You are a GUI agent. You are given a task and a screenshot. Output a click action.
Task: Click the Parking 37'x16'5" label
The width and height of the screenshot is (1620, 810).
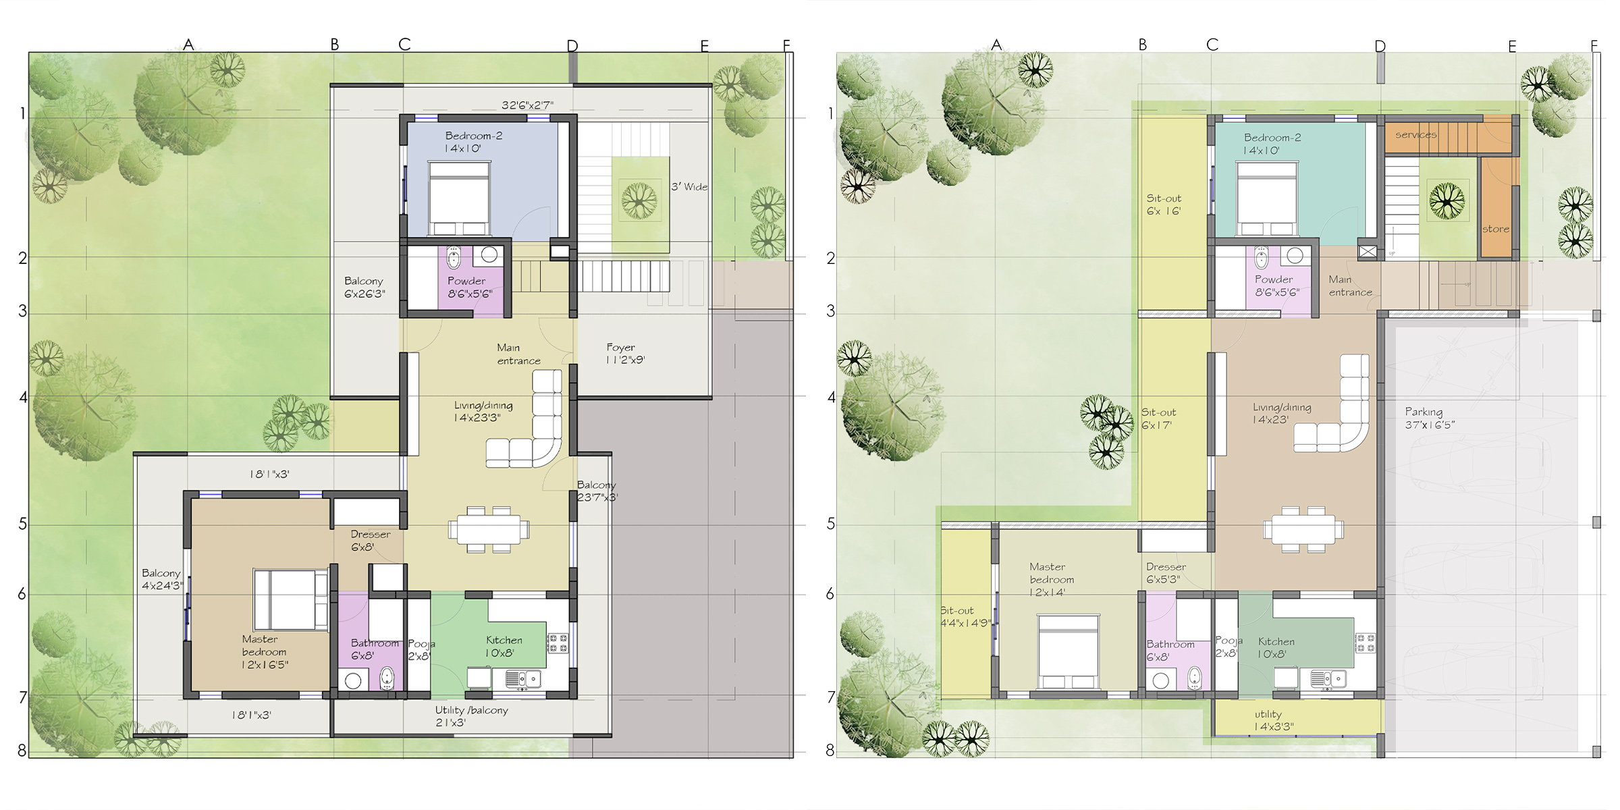1430,418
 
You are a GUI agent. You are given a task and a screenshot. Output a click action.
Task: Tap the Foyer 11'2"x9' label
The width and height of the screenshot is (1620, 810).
625,354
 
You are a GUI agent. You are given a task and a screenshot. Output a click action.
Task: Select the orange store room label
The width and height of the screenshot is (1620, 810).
1496,229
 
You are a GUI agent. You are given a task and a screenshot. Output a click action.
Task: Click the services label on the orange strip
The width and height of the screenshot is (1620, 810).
1416,134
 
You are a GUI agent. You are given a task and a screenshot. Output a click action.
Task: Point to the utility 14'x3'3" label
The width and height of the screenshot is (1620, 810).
1274,720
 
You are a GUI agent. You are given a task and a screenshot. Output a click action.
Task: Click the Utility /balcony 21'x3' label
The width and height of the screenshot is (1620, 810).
471,716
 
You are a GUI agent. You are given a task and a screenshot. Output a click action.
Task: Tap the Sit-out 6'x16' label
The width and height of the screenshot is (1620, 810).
1164,205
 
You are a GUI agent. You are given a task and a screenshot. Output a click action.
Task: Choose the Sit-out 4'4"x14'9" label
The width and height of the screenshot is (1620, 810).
966,616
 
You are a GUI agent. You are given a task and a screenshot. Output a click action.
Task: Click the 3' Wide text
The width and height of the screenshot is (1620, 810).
689,186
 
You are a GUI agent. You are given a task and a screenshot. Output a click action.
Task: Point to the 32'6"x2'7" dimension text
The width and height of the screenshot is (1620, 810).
527,105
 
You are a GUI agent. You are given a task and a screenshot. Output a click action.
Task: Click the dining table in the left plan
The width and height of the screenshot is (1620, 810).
489,529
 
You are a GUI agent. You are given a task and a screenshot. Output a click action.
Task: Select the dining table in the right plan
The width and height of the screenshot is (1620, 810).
1303,529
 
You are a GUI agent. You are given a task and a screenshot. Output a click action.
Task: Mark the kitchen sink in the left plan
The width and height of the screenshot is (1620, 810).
523,678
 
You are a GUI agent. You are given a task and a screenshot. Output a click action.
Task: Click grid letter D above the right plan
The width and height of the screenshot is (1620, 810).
1380,46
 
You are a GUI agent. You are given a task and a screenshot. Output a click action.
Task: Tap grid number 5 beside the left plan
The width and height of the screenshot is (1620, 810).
22,524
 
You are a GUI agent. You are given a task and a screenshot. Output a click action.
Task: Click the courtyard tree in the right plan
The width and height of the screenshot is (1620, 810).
1447,200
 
